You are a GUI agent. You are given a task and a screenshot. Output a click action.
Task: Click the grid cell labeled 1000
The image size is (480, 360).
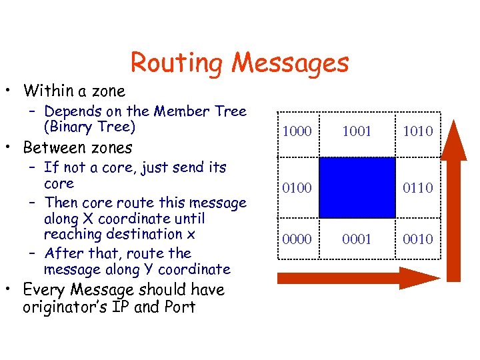pyautogui.click(x=297, y=131)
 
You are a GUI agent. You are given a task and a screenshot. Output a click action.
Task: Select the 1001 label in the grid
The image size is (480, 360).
pyautogui.click(x=357, y=131)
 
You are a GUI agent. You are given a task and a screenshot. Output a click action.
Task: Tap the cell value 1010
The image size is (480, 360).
pyautogui.click(x=417, y=131)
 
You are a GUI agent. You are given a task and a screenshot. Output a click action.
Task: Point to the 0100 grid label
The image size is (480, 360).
pyautogui.click(x=297, y=188)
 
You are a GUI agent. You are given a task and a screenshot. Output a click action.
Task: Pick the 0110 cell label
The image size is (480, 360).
pyautogui.click(x=417, y=188)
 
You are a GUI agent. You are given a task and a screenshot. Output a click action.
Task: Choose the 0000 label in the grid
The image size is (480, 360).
pyautogui.click(x=297, y=239)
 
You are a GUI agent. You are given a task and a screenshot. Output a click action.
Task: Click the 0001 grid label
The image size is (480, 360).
pyautogui.click(x=357, y=239)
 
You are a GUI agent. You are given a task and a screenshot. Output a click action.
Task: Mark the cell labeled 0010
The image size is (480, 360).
pyautogui.click(x=417, y=239)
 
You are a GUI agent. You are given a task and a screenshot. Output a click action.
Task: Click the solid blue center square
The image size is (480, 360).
pyautogui.click(x=357, y=187)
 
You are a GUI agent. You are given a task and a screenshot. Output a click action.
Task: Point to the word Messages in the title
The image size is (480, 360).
pyautogui.click(x=290, y=63)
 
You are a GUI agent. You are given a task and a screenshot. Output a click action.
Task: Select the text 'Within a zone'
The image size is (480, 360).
pyautogui.click(x=74, y=90)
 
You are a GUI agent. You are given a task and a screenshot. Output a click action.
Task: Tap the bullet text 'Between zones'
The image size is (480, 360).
pyautogui.click(x=78, y=147)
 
